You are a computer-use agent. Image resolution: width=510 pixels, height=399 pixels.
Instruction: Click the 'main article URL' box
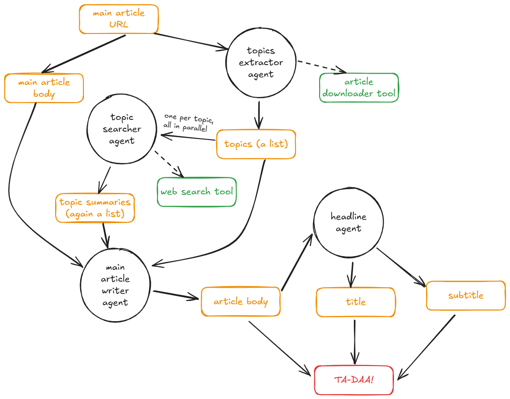tap(118, 19)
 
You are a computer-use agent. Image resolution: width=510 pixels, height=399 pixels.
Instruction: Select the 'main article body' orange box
tap(44, 88)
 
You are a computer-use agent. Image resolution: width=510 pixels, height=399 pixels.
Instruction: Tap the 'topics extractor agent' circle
tap(261, 63)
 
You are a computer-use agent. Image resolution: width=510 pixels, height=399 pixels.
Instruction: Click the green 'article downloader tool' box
tap(359, 88)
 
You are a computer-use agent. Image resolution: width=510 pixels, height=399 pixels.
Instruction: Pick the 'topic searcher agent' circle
tap(122, 129)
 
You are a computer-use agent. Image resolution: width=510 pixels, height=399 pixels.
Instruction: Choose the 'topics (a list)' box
tap(256, 144)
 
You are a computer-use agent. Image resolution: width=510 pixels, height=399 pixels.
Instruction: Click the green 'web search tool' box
tap(197, 192)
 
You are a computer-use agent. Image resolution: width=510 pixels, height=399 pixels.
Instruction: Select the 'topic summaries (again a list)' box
tap(95, 208)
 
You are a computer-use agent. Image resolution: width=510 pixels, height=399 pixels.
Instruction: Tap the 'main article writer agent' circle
tap(115, 285)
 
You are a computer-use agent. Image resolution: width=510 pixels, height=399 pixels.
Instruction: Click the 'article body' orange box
tap(240, 302)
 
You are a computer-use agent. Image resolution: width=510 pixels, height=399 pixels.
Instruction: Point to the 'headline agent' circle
tap(348, 223)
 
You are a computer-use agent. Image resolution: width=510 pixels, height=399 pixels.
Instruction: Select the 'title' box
tap(355, 302)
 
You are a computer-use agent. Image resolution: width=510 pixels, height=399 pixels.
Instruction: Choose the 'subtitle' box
tap(465, 296)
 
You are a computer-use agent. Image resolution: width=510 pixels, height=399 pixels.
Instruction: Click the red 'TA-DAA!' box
tap(354, 380)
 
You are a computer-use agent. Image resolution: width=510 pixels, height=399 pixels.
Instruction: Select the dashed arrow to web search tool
tap(168, 163)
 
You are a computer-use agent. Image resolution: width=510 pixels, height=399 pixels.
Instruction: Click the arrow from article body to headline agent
tap(296, 262)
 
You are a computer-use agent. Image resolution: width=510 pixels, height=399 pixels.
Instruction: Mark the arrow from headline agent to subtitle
tap(401, 267)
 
